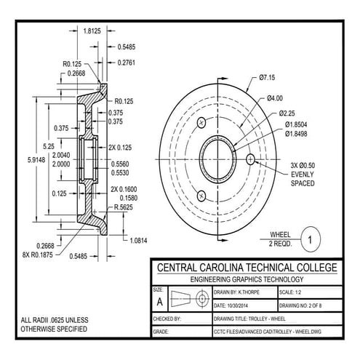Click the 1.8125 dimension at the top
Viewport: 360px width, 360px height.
pos(92,31)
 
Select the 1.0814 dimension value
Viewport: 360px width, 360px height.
pos(137,239)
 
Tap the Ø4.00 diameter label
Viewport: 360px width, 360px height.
pos(274,98)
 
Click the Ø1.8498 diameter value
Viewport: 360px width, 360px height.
pos(299,133)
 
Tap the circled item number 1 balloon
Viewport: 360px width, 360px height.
pos(311,239)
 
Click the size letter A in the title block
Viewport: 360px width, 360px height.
pos(159,300)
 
